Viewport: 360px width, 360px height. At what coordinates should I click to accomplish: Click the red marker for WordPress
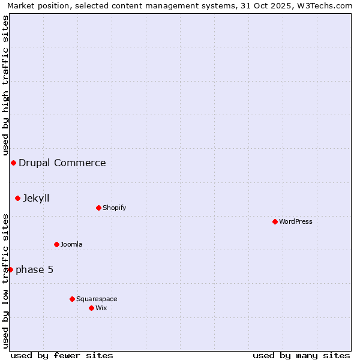(x=275, y=221)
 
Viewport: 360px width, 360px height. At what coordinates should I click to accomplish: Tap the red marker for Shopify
(x=98, y=208)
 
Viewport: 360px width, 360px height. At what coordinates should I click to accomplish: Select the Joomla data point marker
(x=56, y=244)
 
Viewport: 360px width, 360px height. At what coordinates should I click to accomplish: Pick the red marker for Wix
(x=91, y=308)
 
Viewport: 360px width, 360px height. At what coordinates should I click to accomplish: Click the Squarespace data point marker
(x=72, y=299)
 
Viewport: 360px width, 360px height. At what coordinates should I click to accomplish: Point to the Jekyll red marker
(x=17, y=198)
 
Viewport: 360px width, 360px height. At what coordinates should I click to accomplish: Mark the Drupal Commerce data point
(x=13, y=163)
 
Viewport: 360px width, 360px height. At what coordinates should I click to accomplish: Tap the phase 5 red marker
(x=10, y=269)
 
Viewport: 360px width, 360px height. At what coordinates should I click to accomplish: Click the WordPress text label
(x=296, y=221)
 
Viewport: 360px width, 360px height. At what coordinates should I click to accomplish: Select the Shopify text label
(x=115, y=208)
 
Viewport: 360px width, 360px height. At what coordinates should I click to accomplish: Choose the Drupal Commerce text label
(x=62, y=163)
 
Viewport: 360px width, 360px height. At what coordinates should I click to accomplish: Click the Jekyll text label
(x=36, y=198)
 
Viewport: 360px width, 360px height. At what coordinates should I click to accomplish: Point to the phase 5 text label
(x=35, y=269)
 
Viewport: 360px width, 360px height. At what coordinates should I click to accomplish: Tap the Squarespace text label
(x=97, y=299)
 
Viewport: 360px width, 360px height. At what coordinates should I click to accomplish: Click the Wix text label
(x=101, y=308)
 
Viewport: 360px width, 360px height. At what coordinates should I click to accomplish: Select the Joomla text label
(x=71, y=244)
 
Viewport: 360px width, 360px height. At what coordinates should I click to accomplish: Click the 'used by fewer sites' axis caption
(x=62, y=355)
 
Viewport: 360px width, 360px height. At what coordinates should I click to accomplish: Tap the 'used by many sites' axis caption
(x=301, y=355)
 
